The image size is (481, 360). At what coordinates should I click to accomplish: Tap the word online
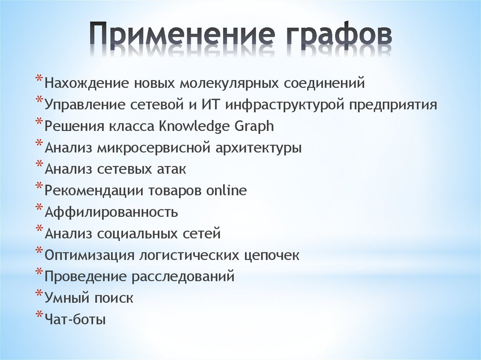coord(226,191)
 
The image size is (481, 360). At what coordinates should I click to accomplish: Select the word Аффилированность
coord(111,212)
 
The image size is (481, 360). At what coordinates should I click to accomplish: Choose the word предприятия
coord(393,105)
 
